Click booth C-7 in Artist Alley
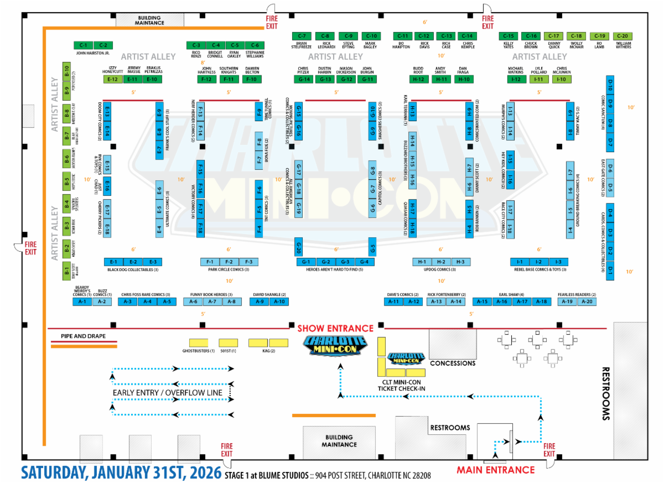pos(305,36)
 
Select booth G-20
pos(299,246)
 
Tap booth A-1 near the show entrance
pos(82,302)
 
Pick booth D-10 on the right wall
pos(610,85)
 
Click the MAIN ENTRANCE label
pos(495,470)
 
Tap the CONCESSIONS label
pos(453,363)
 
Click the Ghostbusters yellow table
pos(199,342)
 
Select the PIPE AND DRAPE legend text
pos(83,336)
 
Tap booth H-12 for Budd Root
pos(418,80)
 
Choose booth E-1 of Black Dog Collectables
pos(113,262)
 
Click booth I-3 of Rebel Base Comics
pos(558,262)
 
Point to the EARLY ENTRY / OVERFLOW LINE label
pos(167,393)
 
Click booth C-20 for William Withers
pos(623,36)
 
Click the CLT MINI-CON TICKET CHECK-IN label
pos(401,385)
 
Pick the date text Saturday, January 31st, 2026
pos(121,474)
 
